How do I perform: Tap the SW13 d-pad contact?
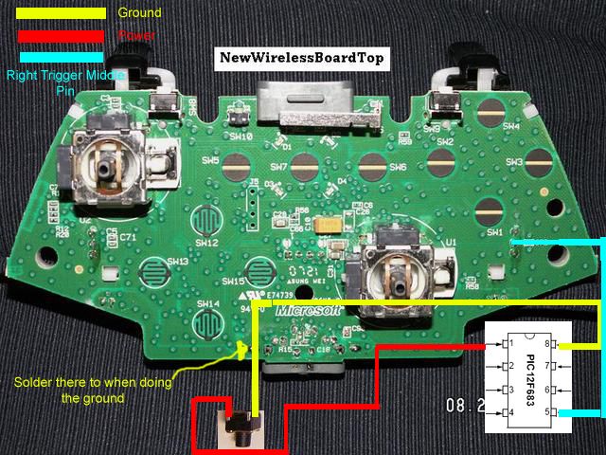click(151, 271)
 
